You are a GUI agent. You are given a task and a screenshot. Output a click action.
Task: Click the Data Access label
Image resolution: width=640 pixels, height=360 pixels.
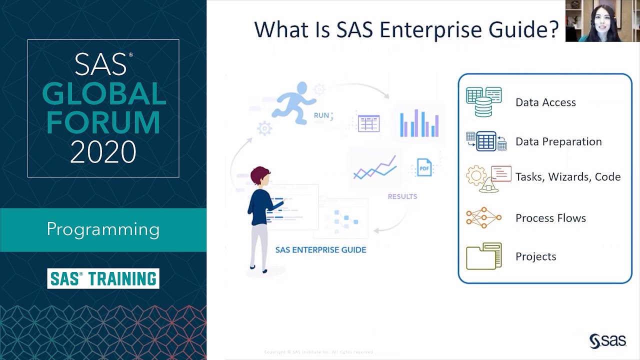(545, 102)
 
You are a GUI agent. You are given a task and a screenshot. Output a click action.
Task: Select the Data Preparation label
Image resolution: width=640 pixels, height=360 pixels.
(558, 141)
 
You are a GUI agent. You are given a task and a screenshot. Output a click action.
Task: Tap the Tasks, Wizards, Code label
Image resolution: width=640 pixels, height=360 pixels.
(568, 177)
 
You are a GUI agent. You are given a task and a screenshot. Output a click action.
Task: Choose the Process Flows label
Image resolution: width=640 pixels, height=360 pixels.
(550, 218)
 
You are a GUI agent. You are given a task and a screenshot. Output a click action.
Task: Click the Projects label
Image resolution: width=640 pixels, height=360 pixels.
(535, 256)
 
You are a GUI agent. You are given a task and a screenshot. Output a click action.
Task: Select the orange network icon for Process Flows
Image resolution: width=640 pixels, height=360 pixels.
(483, 218)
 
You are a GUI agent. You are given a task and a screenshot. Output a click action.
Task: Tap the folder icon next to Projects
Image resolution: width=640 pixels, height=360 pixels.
(483, 256)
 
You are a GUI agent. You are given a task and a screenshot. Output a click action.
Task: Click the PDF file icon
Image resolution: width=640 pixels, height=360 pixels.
(424, 168)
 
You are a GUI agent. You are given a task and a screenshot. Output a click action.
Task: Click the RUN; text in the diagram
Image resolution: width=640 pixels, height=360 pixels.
(323, 115)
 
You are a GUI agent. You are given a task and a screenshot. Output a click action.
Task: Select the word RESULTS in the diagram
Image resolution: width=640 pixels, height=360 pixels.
(402, 196)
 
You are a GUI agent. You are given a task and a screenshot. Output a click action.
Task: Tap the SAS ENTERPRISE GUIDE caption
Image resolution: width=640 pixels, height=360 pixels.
(320, 249)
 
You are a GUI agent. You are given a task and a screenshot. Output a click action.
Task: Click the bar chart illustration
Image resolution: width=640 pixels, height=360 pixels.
(419, 122)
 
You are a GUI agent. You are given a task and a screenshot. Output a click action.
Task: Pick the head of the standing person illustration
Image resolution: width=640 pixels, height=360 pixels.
(260, 176)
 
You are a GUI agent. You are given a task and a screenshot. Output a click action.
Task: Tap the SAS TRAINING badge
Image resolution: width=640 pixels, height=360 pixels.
(103, 278)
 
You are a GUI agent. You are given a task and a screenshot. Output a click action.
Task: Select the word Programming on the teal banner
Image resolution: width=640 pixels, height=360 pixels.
(103, 229)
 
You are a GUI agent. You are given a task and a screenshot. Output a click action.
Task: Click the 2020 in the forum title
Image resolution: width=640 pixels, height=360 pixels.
(103, 152)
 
